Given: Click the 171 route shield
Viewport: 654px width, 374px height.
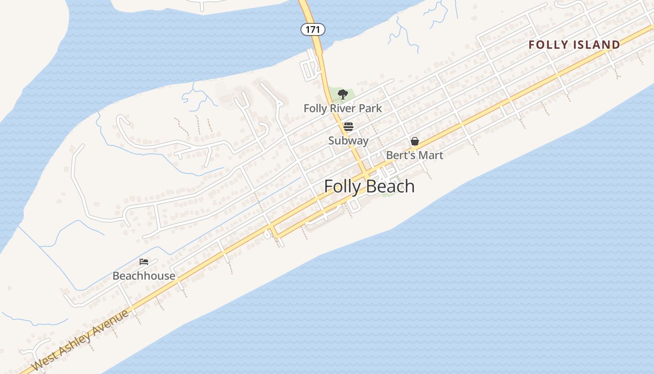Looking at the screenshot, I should [313, 29].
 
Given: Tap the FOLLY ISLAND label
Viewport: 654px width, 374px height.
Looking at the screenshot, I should [574, 45].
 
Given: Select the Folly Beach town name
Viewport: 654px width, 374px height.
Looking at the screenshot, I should [369, 186].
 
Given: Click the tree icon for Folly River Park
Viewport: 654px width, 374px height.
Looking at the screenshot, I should [342, 94].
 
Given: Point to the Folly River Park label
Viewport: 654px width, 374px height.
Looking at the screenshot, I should [342, 108].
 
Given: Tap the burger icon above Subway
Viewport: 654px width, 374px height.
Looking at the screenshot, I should [348, 127].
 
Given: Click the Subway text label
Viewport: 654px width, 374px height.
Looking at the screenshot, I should [348, 141].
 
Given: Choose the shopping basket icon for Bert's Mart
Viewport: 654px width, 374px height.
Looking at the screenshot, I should [414, 141].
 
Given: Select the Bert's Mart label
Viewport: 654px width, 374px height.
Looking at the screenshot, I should [414, 155].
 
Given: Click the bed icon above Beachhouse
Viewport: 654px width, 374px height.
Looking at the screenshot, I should [144, 261].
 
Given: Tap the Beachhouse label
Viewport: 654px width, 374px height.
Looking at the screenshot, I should [144, 276].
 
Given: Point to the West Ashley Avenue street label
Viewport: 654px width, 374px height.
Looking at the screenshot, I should [80, 340].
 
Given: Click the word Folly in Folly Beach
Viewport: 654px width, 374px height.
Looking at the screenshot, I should [342, 186].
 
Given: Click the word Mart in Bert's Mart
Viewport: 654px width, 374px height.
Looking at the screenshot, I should [431, 155].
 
